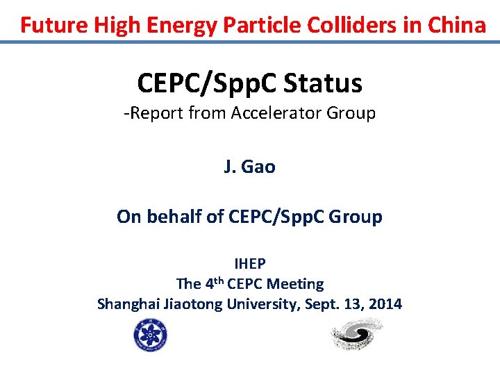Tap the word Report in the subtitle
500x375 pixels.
[x=156, y=112]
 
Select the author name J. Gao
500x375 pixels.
[x=249, y=167]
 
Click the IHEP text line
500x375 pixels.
[x=249, y=263]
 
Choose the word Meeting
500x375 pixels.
[x=295, y=283]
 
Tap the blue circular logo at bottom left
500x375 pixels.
[x=151, y=335]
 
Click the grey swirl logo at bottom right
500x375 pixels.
[x=355, y=334]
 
